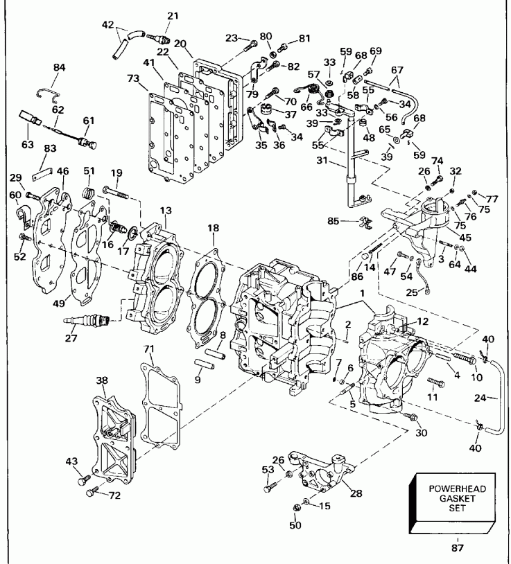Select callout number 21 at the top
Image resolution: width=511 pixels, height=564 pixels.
click(173, 15)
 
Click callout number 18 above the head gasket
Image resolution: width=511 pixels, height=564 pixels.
click(214, 227)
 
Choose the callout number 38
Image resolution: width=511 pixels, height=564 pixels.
click(102, 380)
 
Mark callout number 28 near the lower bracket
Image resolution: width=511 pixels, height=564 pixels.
click(355, 493)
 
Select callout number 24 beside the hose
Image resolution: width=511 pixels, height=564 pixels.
click(498, 398)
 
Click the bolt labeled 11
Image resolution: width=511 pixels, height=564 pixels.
click(433, 382)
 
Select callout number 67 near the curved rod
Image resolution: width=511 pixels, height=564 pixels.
click(397, 70)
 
